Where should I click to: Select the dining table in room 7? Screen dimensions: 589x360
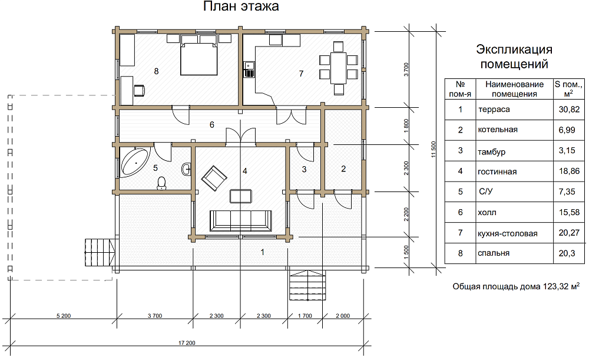(339, 68)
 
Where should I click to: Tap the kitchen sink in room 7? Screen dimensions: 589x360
(249, 70)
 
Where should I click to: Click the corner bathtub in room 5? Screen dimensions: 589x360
(134, 162)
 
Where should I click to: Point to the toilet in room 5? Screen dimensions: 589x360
(161, 183)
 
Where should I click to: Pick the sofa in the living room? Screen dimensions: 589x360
(240, 220)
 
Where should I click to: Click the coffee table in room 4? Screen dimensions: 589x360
(241, 196)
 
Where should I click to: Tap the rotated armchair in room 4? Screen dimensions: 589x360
(214, 178)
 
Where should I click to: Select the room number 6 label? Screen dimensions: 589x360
(212, 125)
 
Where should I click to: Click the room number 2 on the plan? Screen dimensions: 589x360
(343, 169)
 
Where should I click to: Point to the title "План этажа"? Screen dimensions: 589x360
(241, 6)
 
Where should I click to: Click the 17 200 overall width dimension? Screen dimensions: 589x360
(187, 343)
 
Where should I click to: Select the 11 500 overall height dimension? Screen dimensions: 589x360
(434, 149)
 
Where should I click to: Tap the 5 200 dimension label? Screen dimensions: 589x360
(64, 316)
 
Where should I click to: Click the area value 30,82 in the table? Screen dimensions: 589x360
(569, 110)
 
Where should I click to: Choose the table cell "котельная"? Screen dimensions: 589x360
(497, 130)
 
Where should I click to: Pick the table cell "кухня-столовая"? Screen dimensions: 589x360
(508, 233)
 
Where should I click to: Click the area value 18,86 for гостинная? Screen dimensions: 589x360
(569, 171)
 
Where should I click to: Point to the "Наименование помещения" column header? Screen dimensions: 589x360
(514, 89)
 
